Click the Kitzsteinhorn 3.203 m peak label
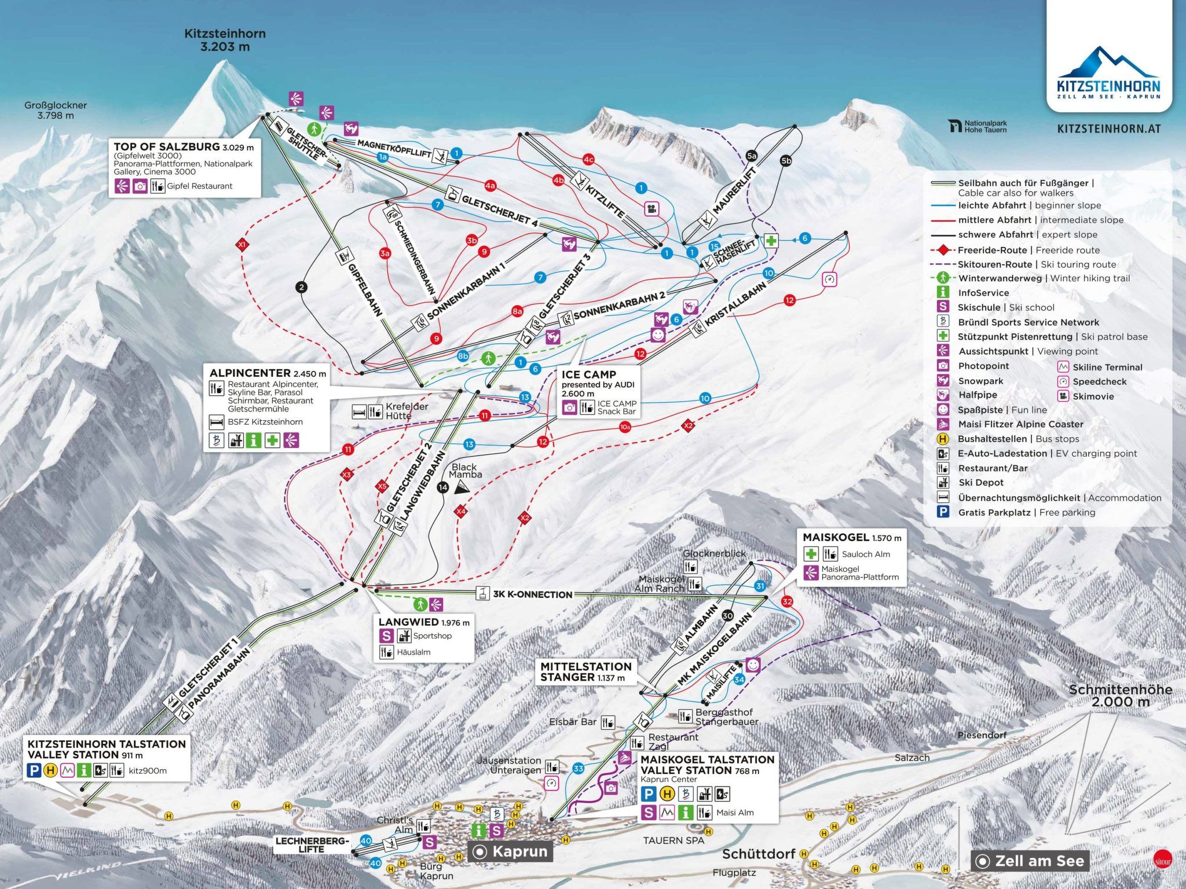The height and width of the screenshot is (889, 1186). (225, 40)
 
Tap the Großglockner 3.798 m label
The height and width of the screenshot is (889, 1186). (56, 110)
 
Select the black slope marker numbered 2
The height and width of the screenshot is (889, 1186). (301, 286)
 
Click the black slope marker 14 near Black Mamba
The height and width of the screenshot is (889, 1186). (443, 487)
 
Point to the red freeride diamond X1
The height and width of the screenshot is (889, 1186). (242, 245)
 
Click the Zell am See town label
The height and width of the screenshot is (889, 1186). (1031, 861)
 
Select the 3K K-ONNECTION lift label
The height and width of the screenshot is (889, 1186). (532, 594)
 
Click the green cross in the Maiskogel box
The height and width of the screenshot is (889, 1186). (811, 554)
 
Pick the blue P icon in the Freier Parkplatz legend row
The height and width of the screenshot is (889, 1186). (943, 512)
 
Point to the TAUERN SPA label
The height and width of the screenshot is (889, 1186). (673, 840)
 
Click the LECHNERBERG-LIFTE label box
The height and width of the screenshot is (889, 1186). (312, 845)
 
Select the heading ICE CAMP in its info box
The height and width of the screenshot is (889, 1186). (588, 374)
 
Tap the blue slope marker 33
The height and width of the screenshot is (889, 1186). (578, 769)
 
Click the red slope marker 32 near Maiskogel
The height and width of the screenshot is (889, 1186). (786, 601)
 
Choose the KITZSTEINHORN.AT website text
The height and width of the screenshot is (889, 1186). (1108, 129)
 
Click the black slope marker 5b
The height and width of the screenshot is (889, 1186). (786, 161)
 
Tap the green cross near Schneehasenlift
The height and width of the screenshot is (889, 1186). (771, 241)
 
